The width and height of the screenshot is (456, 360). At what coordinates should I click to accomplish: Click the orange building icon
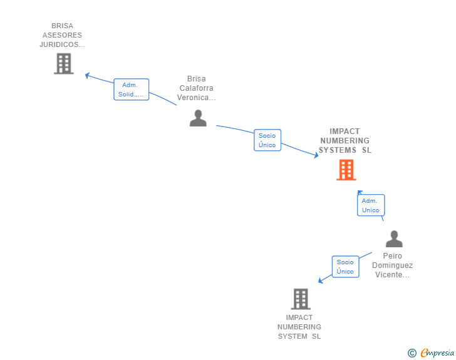[x=346, y=170]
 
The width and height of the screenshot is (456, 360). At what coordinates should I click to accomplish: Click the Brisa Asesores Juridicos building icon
[x=63, y=63]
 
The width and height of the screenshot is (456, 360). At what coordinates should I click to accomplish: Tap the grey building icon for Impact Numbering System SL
[x=301, y=299]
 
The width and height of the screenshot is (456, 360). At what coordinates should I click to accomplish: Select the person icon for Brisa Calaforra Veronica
[x=198, y=118]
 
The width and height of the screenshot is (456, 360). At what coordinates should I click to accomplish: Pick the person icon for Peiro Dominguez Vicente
[x=394, y=239]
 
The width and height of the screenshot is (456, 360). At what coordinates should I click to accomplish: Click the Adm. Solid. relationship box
[x=131, y=90]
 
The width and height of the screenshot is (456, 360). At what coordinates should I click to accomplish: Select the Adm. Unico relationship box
[x=370, y=205]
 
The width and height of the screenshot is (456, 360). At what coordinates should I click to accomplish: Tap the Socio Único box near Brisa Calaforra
[x=267, y=140]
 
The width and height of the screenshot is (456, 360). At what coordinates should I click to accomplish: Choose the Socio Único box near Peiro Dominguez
[x=345, y=267]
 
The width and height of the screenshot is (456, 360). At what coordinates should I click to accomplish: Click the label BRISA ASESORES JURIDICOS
[x=62, y=36]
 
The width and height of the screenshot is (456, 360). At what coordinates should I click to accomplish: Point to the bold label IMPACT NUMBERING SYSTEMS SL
[x=345, y=141]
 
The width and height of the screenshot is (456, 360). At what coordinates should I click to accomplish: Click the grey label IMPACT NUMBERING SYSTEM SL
[x=299, y=327]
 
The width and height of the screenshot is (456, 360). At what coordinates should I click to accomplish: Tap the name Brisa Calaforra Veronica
[x=196, y=88]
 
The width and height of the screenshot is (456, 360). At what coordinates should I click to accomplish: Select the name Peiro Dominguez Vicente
[x=393, y=265]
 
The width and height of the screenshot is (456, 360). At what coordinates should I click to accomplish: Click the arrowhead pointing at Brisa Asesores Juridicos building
[x=88, y=75]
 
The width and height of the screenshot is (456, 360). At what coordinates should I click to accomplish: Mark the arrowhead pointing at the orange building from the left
[x=316, y=156]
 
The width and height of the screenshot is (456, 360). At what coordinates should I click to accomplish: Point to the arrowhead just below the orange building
[x=360, y=192]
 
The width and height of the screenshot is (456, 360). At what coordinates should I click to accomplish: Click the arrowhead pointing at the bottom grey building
[x=320, y=280]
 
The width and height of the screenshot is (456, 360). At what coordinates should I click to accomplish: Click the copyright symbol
[x=412, y=353]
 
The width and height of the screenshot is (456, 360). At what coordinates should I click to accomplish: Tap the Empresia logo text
[x=437, y=353]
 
